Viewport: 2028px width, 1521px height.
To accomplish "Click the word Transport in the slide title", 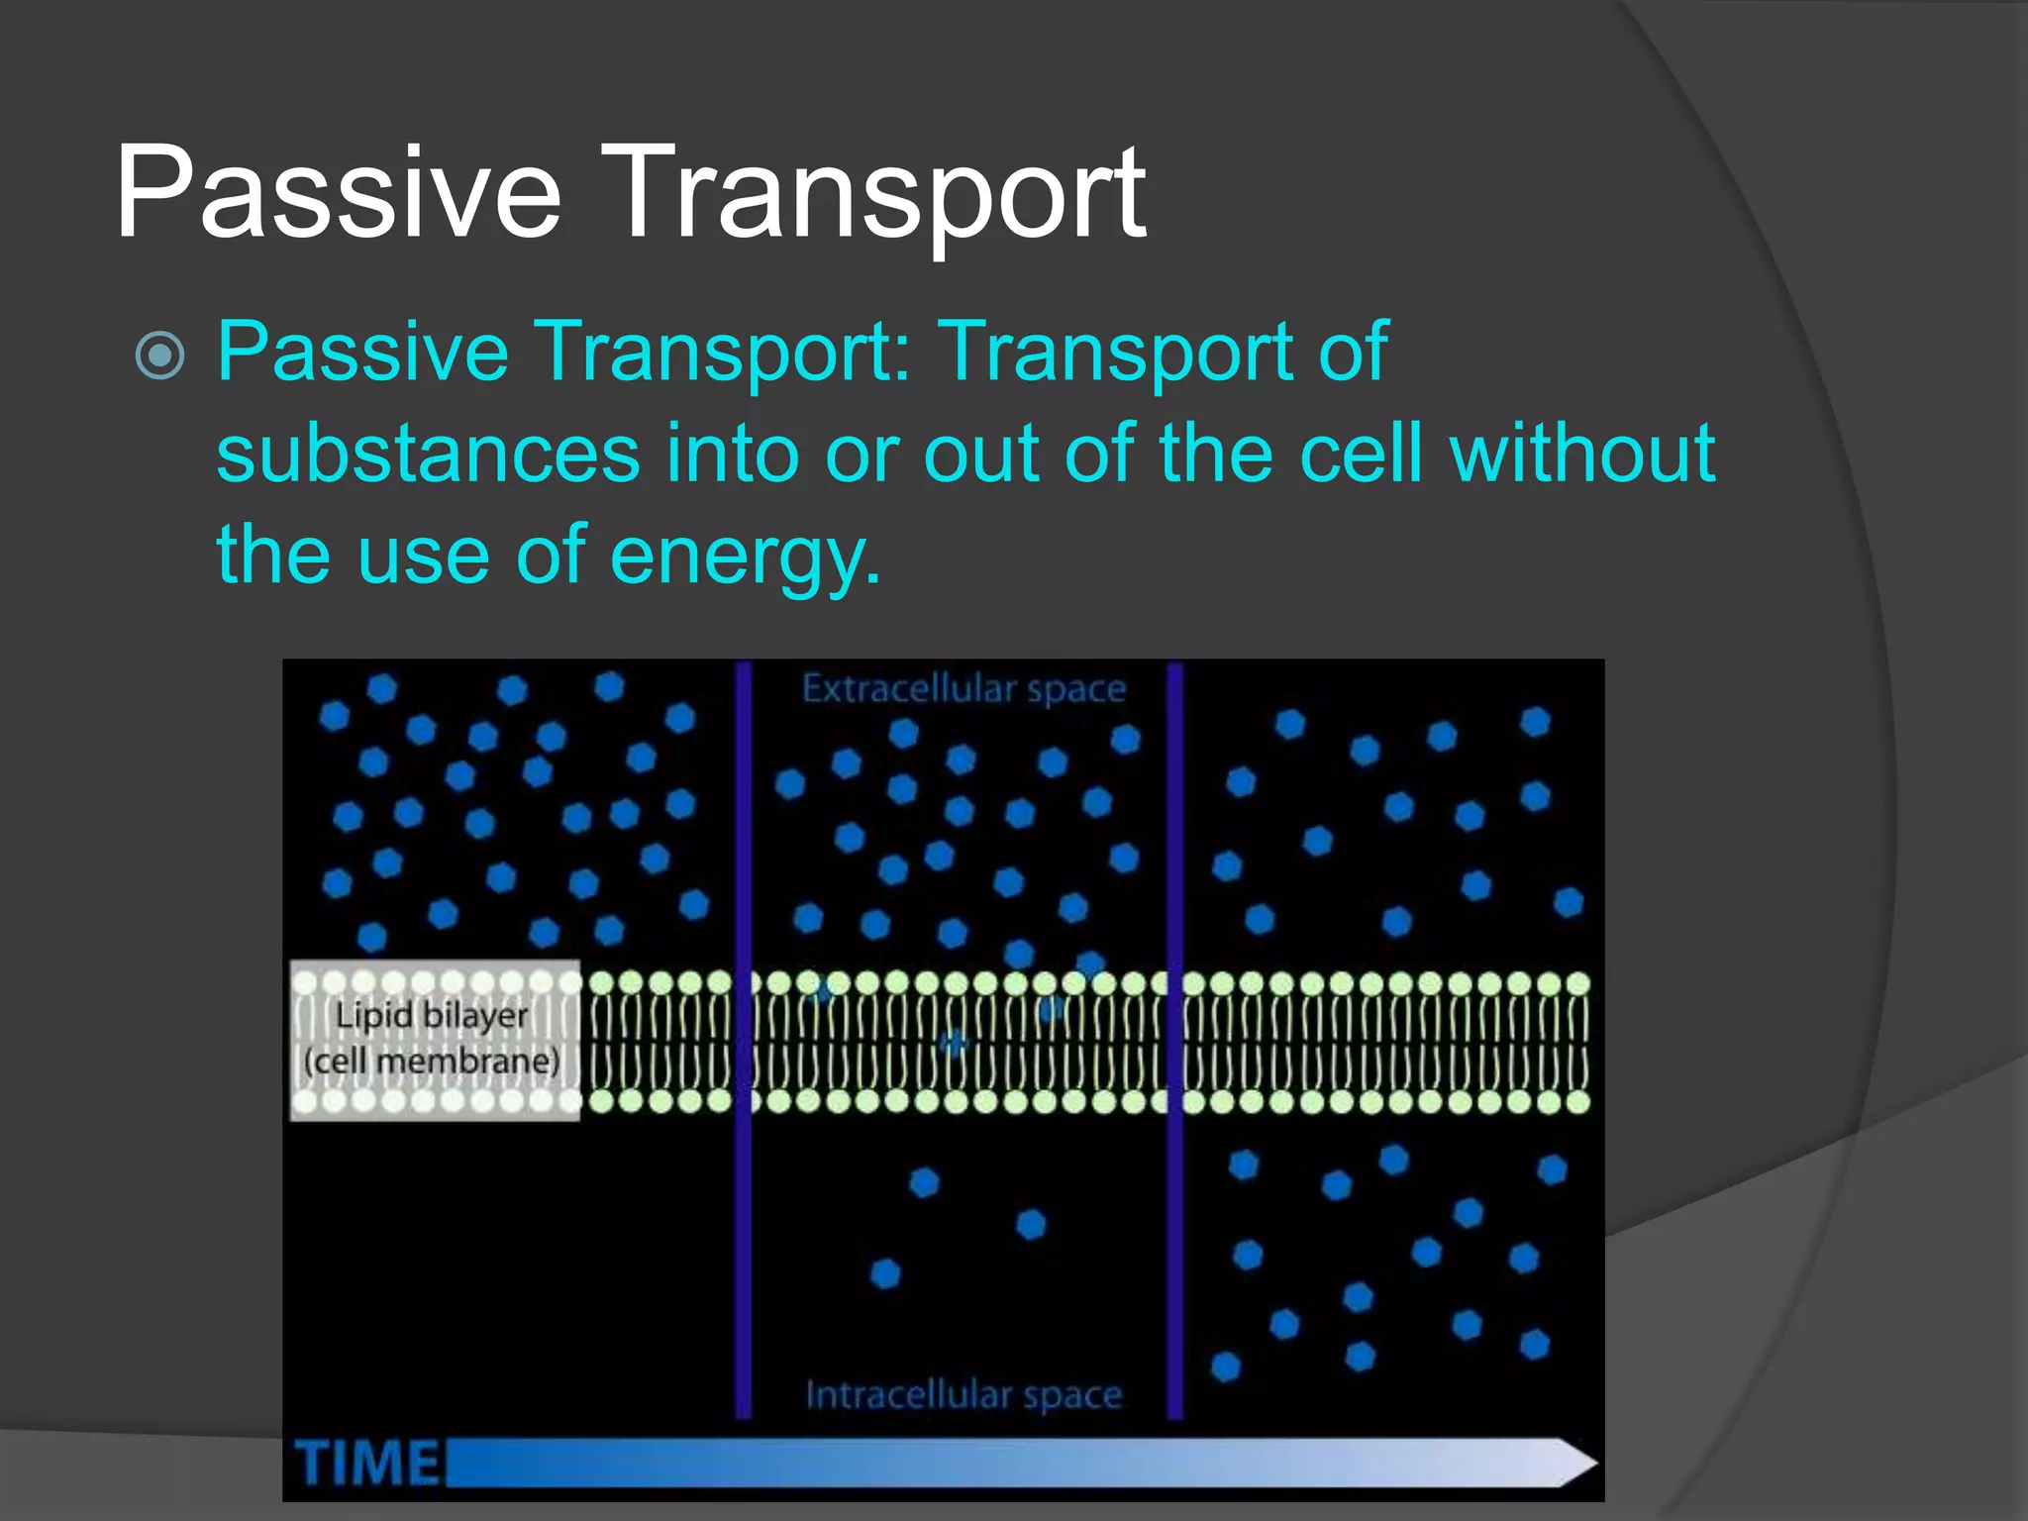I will (881, 193).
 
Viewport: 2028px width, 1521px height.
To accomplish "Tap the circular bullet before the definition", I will (159, 355).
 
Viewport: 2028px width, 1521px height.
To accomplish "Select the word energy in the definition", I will (745, 557).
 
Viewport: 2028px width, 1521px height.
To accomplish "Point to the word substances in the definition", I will (428, 454).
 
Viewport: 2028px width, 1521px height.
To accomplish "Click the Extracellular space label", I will (963, 689).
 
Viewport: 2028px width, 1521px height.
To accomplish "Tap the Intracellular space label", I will (963, 1394).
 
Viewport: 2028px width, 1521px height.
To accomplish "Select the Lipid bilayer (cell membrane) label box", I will (434, 1040).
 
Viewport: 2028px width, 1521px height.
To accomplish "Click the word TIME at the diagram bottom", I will (366, 1463).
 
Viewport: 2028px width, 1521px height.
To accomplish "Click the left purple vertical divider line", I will (743, 1040).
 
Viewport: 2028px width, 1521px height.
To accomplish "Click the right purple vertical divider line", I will (1175, 1040).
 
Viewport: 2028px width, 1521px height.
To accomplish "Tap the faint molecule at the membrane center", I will (954, 1043).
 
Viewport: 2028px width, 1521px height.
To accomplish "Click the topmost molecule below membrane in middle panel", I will (924, 1182).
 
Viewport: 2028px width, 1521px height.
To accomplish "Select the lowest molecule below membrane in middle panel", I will (885, 1272).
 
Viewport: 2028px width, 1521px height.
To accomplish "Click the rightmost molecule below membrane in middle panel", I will (1031, 1225).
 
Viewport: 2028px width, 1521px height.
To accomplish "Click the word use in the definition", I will (422, 557).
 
